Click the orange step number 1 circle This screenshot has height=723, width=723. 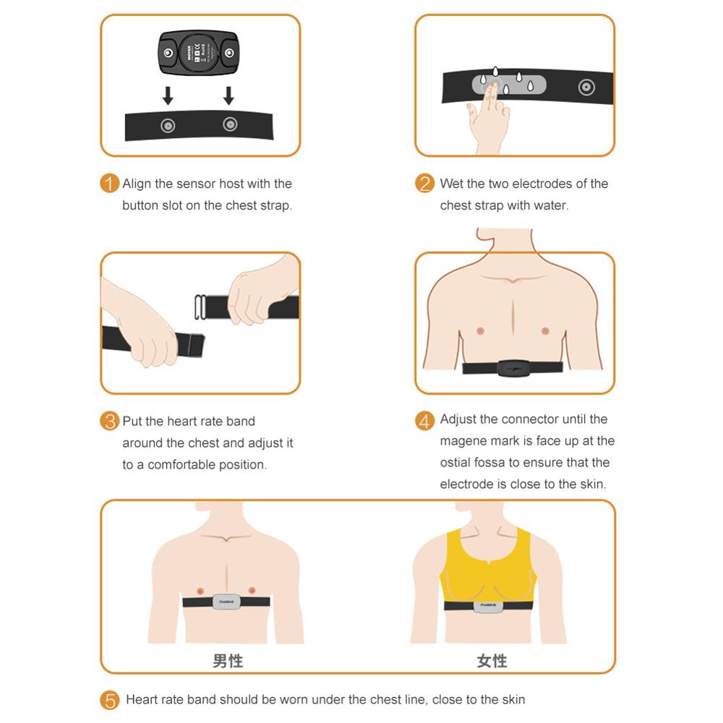click(x=109, y=184)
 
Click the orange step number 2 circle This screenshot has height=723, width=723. click(x=424, y=184)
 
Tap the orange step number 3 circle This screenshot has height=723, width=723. click(x=109, y=421)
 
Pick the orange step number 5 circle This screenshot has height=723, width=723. click(x=109, y=700)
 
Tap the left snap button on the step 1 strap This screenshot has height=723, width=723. click(x=168, y=126)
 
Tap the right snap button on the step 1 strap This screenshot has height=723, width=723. click(x=230, y=124)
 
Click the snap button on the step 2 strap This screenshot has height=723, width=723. click(x=586, y=88)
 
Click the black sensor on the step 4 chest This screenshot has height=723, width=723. click(x=513, y=367)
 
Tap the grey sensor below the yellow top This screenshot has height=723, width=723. click(x=488, y=606)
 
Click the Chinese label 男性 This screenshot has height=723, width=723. click(x=228, y=661)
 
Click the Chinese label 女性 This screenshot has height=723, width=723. click(x=492, y=661)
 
